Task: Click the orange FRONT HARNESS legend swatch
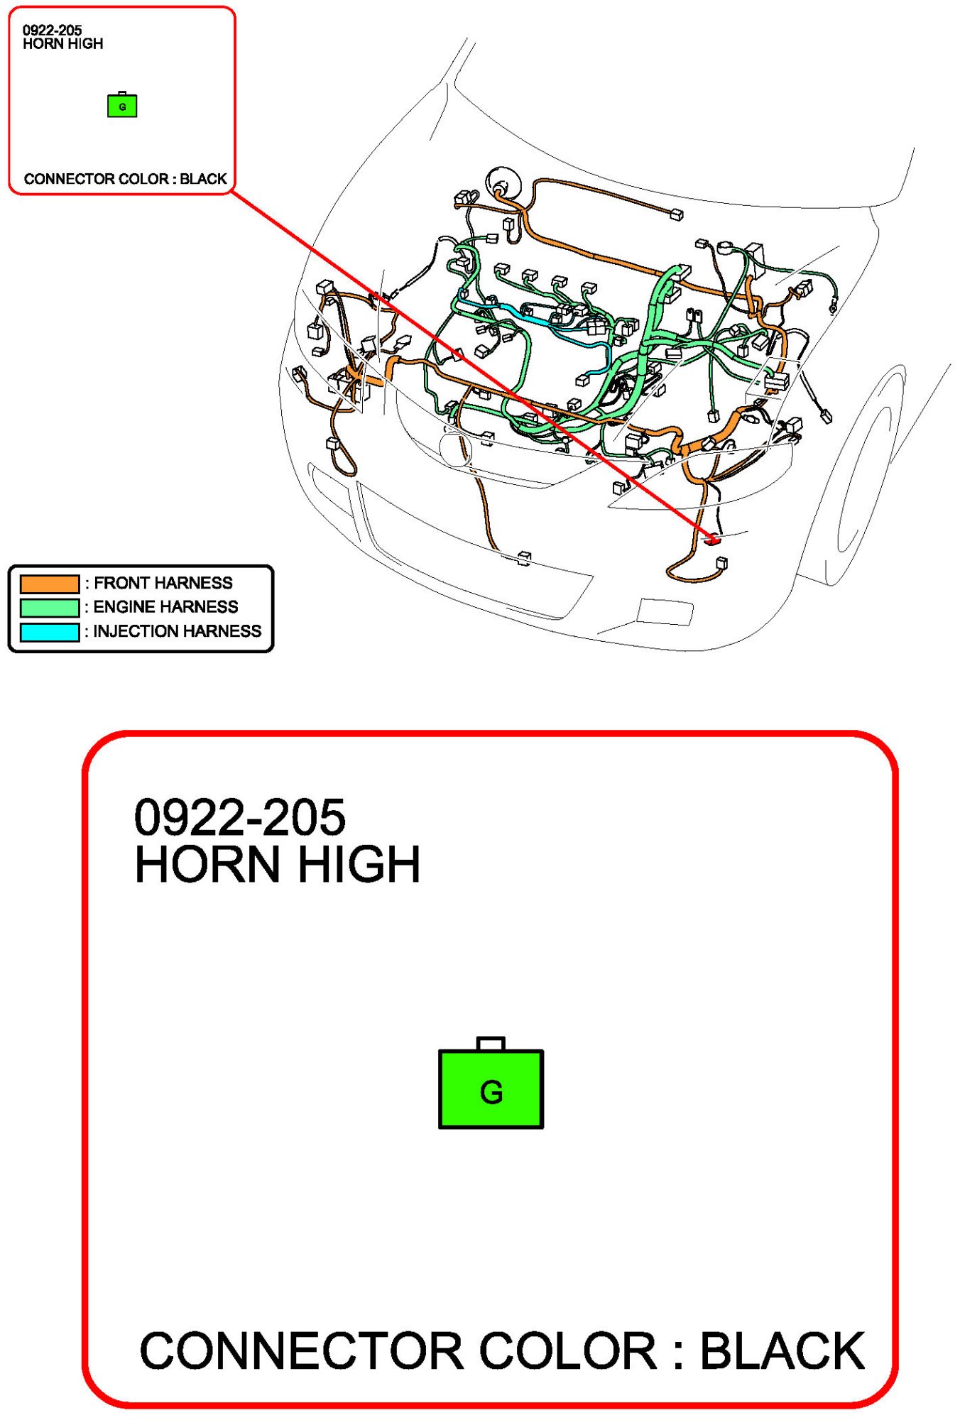49,584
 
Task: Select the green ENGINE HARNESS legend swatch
49,608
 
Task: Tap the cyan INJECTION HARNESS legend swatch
49,632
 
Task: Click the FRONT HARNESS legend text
163,583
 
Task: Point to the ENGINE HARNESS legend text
166,607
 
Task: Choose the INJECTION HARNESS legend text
178,631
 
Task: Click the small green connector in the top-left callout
122,105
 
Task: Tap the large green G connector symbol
491,1083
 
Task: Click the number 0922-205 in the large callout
240,817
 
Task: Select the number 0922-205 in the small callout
53,31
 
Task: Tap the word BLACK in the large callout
782,1351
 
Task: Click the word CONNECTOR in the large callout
302,1351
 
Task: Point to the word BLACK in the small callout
203,179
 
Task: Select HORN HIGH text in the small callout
63,44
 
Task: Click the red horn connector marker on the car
712,540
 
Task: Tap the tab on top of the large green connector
491,1044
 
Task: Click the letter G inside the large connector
491,1093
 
